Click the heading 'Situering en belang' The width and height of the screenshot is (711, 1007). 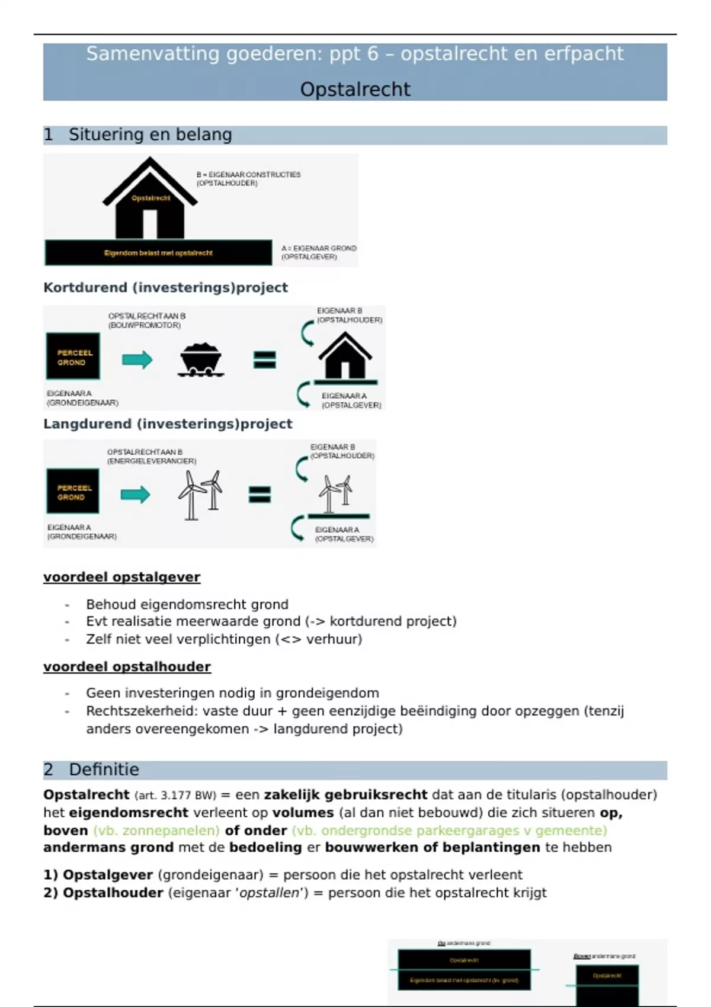[x=150, y=135]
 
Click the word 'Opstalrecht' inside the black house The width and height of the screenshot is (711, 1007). [x=150, y=198]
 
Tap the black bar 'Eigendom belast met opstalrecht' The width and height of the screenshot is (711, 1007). [x=158, y=253]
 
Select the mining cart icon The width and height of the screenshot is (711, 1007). [x=200, y=359]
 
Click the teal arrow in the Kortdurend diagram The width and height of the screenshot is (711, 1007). [x=137, y=360]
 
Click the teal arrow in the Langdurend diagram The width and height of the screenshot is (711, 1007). [x=135, y=495]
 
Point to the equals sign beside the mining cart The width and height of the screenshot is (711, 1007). [x=264, y=360]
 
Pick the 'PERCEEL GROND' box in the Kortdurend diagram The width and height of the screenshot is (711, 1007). [x=73, y=357]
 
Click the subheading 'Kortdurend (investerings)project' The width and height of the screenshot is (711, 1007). [x=165, y=288]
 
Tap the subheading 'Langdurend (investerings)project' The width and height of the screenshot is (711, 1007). [x=168, y=424]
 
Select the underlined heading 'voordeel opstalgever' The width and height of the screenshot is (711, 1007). [x=121, y=577]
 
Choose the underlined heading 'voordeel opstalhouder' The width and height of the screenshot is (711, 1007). [x=127, y=667]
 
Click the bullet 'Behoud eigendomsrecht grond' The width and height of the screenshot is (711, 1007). [x=187, y=604]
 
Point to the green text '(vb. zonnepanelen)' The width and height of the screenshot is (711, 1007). [x=156, y=830]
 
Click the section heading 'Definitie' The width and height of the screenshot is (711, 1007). [x=104, y=769]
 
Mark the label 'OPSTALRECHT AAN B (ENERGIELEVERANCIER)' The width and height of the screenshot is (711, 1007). [x=151, y=456]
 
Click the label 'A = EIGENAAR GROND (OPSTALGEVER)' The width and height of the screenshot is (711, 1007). [x=318, y=252]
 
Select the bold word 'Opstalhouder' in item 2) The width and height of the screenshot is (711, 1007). [x=113, y=893]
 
